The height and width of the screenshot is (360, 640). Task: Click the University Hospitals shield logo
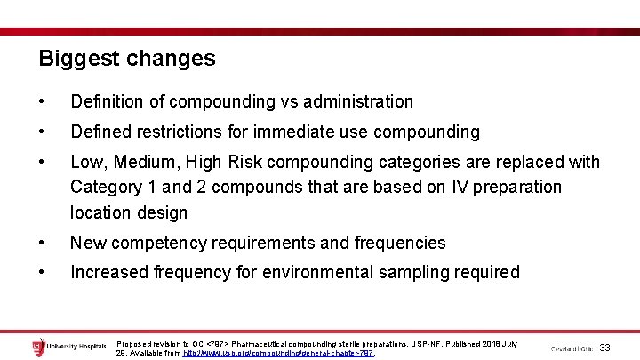(x=38, y=346)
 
